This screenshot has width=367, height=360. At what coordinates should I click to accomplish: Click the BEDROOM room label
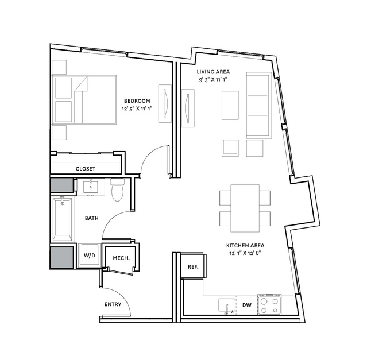point(137,101)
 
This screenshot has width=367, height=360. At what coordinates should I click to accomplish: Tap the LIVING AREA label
point(213,72)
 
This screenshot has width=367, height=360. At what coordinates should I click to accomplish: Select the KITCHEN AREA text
point(245,245)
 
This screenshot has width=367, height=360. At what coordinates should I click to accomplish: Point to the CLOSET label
point(86,169)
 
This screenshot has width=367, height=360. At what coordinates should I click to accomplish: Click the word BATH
point(92,218)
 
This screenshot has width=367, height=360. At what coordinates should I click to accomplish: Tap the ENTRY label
point(113,304)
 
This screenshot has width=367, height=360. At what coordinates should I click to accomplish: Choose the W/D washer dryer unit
point(90,256)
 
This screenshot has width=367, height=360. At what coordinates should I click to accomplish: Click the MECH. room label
point(121,258)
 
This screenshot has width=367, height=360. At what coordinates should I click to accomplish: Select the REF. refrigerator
point(194,266)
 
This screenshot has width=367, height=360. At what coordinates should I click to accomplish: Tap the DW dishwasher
point(247,305)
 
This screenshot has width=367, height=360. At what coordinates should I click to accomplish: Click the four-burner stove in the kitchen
point(269,304)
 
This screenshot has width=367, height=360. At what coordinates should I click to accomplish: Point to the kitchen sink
point(227,305)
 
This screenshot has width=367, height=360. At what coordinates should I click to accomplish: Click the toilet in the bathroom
point(118,189)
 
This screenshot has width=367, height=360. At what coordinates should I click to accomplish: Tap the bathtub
point(62,219)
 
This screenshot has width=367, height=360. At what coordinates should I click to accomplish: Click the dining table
point(245,208)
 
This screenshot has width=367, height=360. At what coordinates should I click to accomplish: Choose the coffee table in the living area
point(230,105)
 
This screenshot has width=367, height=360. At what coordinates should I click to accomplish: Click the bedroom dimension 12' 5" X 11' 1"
point(137,109)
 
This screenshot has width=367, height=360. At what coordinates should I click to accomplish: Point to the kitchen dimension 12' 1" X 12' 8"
point(245,253)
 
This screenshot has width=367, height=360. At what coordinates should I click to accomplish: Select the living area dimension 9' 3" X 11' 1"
point(213,80)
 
